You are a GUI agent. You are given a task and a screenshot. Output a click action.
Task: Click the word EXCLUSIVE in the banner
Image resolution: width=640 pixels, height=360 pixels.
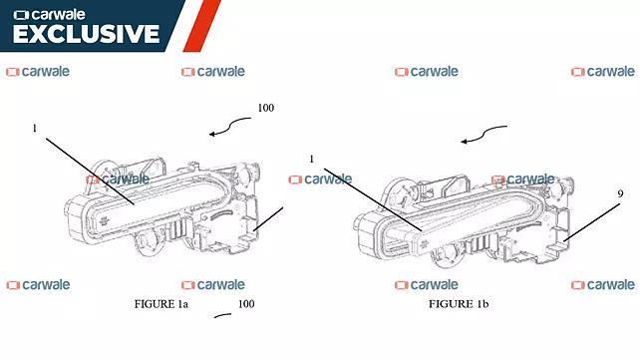[86, 34]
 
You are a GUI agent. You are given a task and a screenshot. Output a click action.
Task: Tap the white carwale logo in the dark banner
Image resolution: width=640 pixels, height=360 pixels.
[50, 15]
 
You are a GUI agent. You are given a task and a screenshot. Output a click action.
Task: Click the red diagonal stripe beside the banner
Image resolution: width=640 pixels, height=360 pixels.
[202, 26]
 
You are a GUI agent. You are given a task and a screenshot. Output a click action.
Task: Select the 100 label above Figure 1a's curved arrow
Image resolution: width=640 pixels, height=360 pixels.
[266, 108]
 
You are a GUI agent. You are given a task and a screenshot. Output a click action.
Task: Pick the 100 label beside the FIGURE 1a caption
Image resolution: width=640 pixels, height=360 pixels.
[246, 304]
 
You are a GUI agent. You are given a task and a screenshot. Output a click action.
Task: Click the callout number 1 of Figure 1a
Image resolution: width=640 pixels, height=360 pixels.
[35, 129]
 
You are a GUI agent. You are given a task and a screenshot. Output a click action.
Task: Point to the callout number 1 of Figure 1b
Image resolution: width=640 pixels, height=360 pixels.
[312, 159]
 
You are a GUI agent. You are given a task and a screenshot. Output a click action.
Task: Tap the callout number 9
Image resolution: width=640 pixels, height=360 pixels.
[620, 193]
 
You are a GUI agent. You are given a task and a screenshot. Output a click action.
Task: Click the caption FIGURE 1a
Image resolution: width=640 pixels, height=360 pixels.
[161, 304]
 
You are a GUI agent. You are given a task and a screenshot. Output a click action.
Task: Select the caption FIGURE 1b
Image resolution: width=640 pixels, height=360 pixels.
[459, 304]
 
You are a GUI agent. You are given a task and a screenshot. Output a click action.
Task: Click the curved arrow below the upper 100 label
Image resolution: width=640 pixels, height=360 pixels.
[227, 126]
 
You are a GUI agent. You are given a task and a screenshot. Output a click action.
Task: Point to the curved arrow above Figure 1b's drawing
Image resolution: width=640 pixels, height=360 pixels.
[482, 134]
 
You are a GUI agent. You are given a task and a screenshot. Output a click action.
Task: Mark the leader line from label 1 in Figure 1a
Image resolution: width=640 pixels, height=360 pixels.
[90, 171]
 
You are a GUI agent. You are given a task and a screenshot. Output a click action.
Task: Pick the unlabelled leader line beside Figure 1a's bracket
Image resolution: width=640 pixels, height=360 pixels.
[268, 218]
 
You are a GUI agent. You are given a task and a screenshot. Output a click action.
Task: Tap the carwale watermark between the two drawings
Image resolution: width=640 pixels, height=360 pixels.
[320, 180]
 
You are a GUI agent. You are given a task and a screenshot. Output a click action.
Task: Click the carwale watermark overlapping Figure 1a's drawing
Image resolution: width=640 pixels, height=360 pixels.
[118, 180]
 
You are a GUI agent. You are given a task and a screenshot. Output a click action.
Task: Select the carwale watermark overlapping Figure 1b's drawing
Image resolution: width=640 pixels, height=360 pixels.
[523, 180]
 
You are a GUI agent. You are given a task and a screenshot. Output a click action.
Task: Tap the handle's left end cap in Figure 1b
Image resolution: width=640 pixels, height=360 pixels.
[367, 235]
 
